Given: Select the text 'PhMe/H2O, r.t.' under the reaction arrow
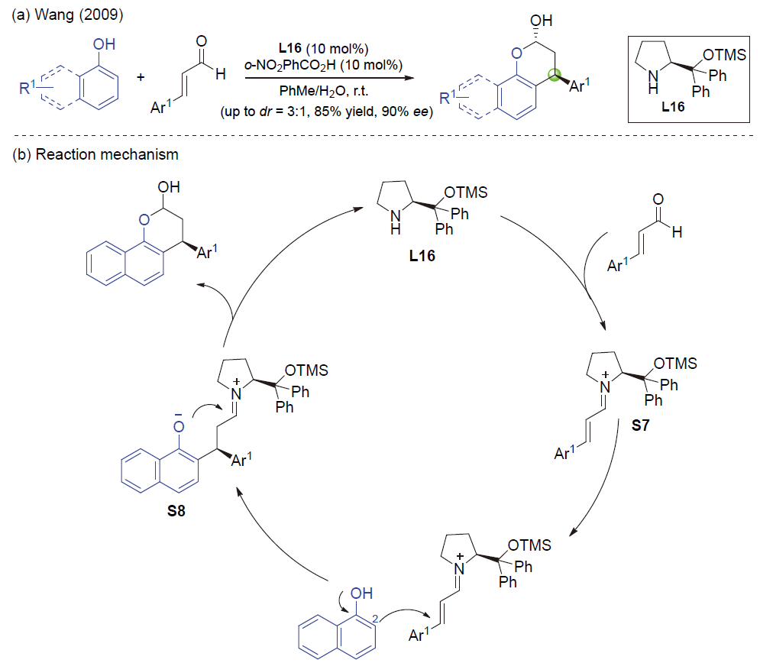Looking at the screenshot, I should pyautogui.click(x=325, y=91).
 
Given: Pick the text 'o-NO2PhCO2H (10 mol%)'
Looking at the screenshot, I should pyautogui.click(x=325, y=63).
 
